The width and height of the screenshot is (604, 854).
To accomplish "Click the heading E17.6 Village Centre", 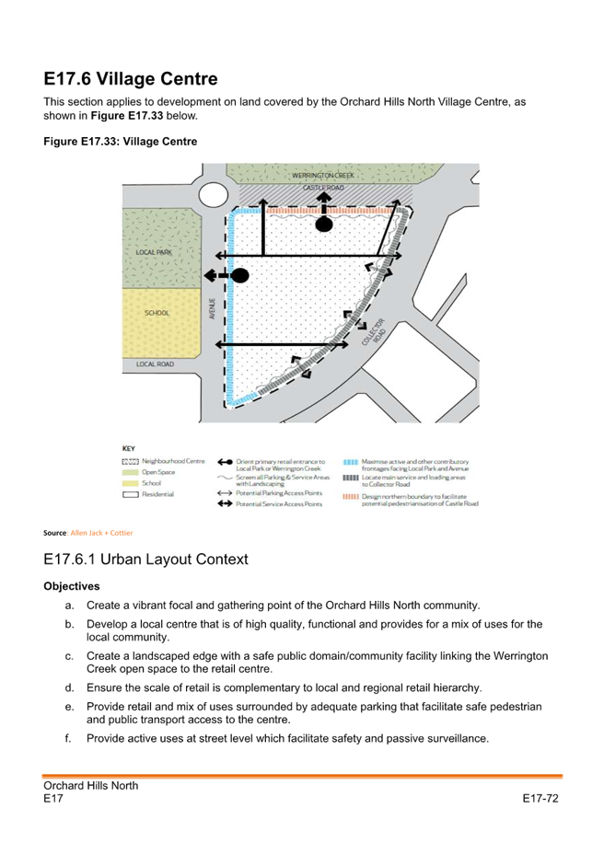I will pyautogui.click(x=130, y=79).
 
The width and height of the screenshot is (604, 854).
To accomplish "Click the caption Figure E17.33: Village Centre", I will pyautogui.click(x=120, y=141).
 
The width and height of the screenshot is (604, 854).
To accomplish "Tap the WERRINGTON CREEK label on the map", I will pyautogui.click(x=324, y=174).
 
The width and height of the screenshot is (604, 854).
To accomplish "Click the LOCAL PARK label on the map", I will pyautogui.click(x=154, y=251).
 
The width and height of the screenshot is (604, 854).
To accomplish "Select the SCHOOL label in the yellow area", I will pyautogui.click(x=157, y=313).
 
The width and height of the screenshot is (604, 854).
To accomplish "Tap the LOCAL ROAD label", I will pyautogui.click(x=155, y=364).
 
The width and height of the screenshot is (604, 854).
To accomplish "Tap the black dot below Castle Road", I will pyautogui.click(x=323, y=224).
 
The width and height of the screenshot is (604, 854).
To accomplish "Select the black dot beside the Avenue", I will pyautogui.click(x=240, y=275).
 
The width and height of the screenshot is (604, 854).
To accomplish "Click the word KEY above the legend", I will pyautogui.click(x=129, y=447).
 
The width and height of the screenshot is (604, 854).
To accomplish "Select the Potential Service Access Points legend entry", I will pyautogui.click(x=279, y=504).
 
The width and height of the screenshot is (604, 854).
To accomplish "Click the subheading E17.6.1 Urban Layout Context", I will pyautogui.click(x=145, y=559).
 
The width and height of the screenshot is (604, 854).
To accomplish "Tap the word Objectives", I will pyautogui.click(x=71, y=586).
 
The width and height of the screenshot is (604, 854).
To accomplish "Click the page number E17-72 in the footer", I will pyautogui.click(x=540, y=798).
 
